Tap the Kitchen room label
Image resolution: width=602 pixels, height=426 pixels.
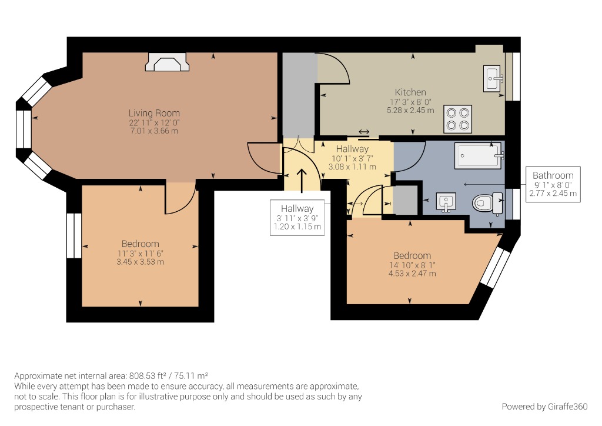click(410, 92)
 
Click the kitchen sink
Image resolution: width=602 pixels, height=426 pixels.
click(492, 79)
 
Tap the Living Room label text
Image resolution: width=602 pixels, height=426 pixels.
click(154, 113)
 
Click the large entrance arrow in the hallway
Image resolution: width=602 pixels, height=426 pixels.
click(303, 181)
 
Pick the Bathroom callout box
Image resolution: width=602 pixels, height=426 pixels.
click(553, 184)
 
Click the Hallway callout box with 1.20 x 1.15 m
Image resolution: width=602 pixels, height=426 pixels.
click(297, 217)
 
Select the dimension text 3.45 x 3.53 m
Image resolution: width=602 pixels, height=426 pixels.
click(140, 262)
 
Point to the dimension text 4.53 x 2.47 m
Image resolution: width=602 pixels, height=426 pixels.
click(412, 274)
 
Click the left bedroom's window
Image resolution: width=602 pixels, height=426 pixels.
click(73, 235)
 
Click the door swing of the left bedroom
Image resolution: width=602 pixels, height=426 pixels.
click(179, 199)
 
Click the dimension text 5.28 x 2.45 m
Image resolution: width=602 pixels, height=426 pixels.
click(410, 109)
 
